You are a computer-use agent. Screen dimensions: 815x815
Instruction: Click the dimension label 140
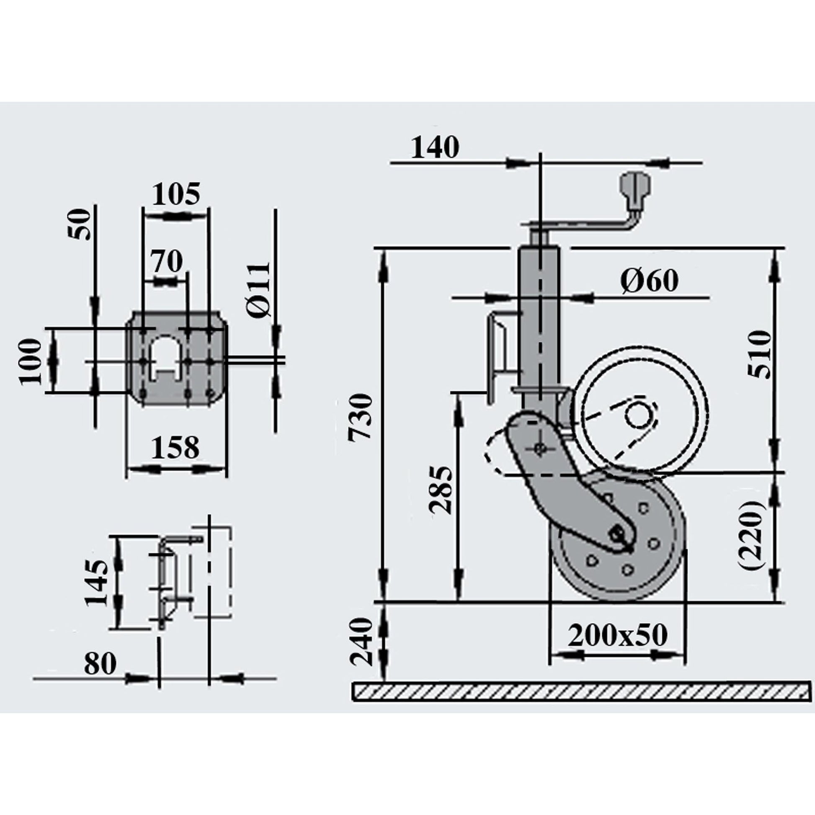click(x=434, y=148)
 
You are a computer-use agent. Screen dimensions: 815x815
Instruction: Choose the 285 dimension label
click(x=441, y=490)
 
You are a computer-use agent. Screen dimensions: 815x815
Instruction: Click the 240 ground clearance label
click(x=362, y=642)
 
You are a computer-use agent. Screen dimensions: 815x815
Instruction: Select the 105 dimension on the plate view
click(x=176, y=195)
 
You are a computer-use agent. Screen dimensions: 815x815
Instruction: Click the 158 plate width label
click(x=175, y=448)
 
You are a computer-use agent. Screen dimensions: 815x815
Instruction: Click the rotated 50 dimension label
click(x=80, y=224)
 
